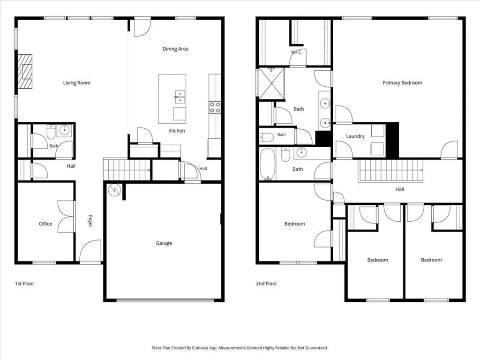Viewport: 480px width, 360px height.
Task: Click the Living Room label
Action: pyautogui.click(x=76, y=82)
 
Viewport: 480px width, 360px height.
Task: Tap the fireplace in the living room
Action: pyautogui.click(x=25, y=72)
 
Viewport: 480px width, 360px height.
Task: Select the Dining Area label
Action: pyautogui.click(x=175, y=49)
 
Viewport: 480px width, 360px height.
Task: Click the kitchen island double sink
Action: pyautogui.click(x=180, y=97)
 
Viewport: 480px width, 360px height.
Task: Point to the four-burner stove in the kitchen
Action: pyautogui.click(x=215, y=108)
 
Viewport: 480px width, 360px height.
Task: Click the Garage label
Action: pyautogui.click(x=164, y=243)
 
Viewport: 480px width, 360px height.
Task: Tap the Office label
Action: pyautogui.click(x=45, y=224)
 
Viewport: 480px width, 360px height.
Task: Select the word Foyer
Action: pyautogui.click(x=90, y=221)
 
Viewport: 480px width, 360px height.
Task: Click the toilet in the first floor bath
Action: pyautogui.click(x=51, y=132)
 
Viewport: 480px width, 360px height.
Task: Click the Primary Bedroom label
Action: pyautogui.click(x=402, y=82)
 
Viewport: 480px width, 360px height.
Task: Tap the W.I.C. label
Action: pyautogui.click(x=296, y=52)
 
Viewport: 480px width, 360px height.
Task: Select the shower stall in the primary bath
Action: pyautogui.click(x=271, y=83)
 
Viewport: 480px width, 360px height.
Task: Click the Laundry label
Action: pyautogui.click(x=355, y=136)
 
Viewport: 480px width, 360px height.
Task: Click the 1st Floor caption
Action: pyautogui.click(x=24, y=284)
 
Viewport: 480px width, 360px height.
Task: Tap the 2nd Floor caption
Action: pyautogui.click(x=266, y=284)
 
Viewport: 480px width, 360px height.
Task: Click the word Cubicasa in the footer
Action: pyautogui.click(x=200, y=348)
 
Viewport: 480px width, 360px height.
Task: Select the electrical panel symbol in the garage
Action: pyautogui.click(x=114, y=190)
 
